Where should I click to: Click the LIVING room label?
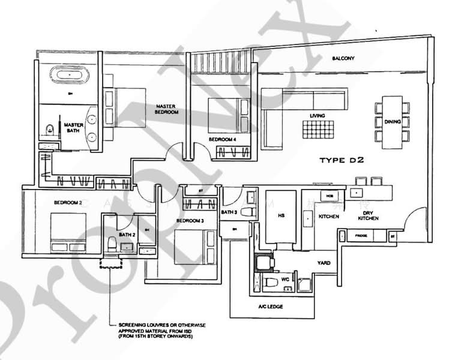(317, 115)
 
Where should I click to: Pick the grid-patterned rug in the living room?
(318, 130)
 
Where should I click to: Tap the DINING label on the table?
(393, 122)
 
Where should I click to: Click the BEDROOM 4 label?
(222, 139)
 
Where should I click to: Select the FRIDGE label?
(361, 236)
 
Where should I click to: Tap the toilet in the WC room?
(271, 281)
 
